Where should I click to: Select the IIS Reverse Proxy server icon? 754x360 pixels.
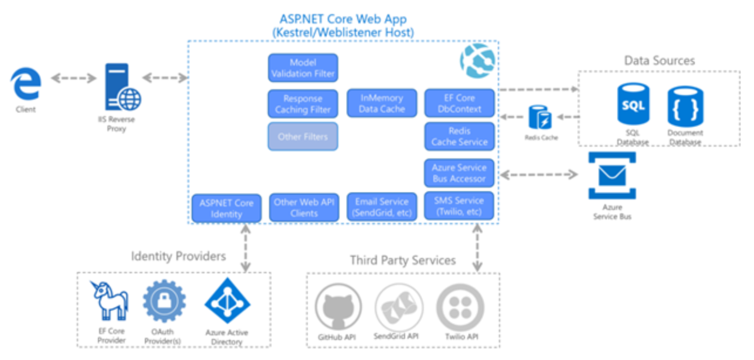tap(123, 87)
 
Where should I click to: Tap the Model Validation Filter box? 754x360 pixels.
tap(303, 67)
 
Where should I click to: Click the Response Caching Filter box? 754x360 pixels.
tap(303, 104)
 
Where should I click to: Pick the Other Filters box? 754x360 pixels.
tap(303, 137)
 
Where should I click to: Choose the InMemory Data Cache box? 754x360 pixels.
tap(382, 103)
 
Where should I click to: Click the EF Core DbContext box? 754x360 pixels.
tap(459, 103)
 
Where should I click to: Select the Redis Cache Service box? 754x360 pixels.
tap(459, 137)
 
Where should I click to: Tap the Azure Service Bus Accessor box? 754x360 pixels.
tap(459, 173)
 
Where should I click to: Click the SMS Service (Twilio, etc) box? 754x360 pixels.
tap(459, 206)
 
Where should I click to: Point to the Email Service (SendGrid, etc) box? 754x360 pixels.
tap(382, 207)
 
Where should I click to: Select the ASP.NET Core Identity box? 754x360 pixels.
tap(226, 208)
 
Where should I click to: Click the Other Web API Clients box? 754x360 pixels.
tap(304, 208)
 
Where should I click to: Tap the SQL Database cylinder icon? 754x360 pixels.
tap(633, 104)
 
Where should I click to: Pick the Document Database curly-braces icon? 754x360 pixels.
tap(685, 107)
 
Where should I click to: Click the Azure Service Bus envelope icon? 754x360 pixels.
tap(612, 175)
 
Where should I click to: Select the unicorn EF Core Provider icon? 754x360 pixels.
tap(109, 300)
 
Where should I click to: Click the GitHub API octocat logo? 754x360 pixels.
tap(338, 307)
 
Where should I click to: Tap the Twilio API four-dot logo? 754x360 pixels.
tap(460, 307)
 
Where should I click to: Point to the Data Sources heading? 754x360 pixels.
tap(660, 60)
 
